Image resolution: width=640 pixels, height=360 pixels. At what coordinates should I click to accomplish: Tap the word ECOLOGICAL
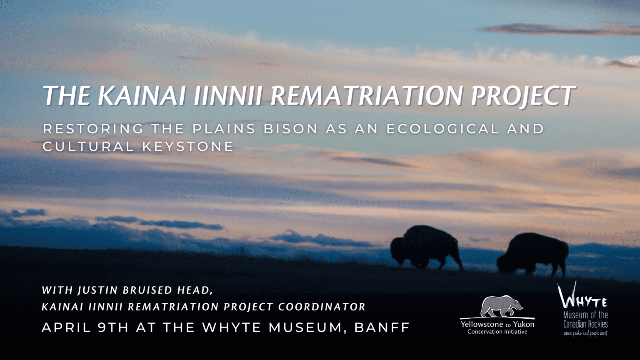[x=442, y=129]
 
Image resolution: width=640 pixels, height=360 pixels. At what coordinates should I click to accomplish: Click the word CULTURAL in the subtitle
[x=88, y=147]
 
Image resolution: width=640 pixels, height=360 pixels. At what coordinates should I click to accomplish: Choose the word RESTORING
[x=93, y=129]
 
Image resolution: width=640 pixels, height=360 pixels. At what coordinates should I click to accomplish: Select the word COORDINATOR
[x=322, y=307]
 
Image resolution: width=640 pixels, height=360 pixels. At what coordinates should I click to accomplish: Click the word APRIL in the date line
[x=66, y=327]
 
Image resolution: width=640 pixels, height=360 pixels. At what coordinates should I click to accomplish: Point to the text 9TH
[x=113, y=327]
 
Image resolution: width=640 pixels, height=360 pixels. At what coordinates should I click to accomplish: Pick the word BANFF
[x=382, y=327]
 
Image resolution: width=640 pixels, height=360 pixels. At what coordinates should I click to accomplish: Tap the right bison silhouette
[x=534, y=253]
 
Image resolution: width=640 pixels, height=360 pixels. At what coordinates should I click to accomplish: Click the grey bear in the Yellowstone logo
[x=500, y=306]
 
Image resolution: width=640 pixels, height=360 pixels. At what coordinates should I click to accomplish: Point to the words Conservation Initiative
[x=497, y=332]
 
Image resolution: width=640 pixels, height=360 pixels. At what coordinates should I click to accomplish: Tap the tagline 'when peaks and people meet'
[x=585, y=333]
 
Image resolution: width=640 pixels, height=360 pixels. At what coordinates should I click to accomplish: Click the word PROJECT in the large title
[x=523, y=95]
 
